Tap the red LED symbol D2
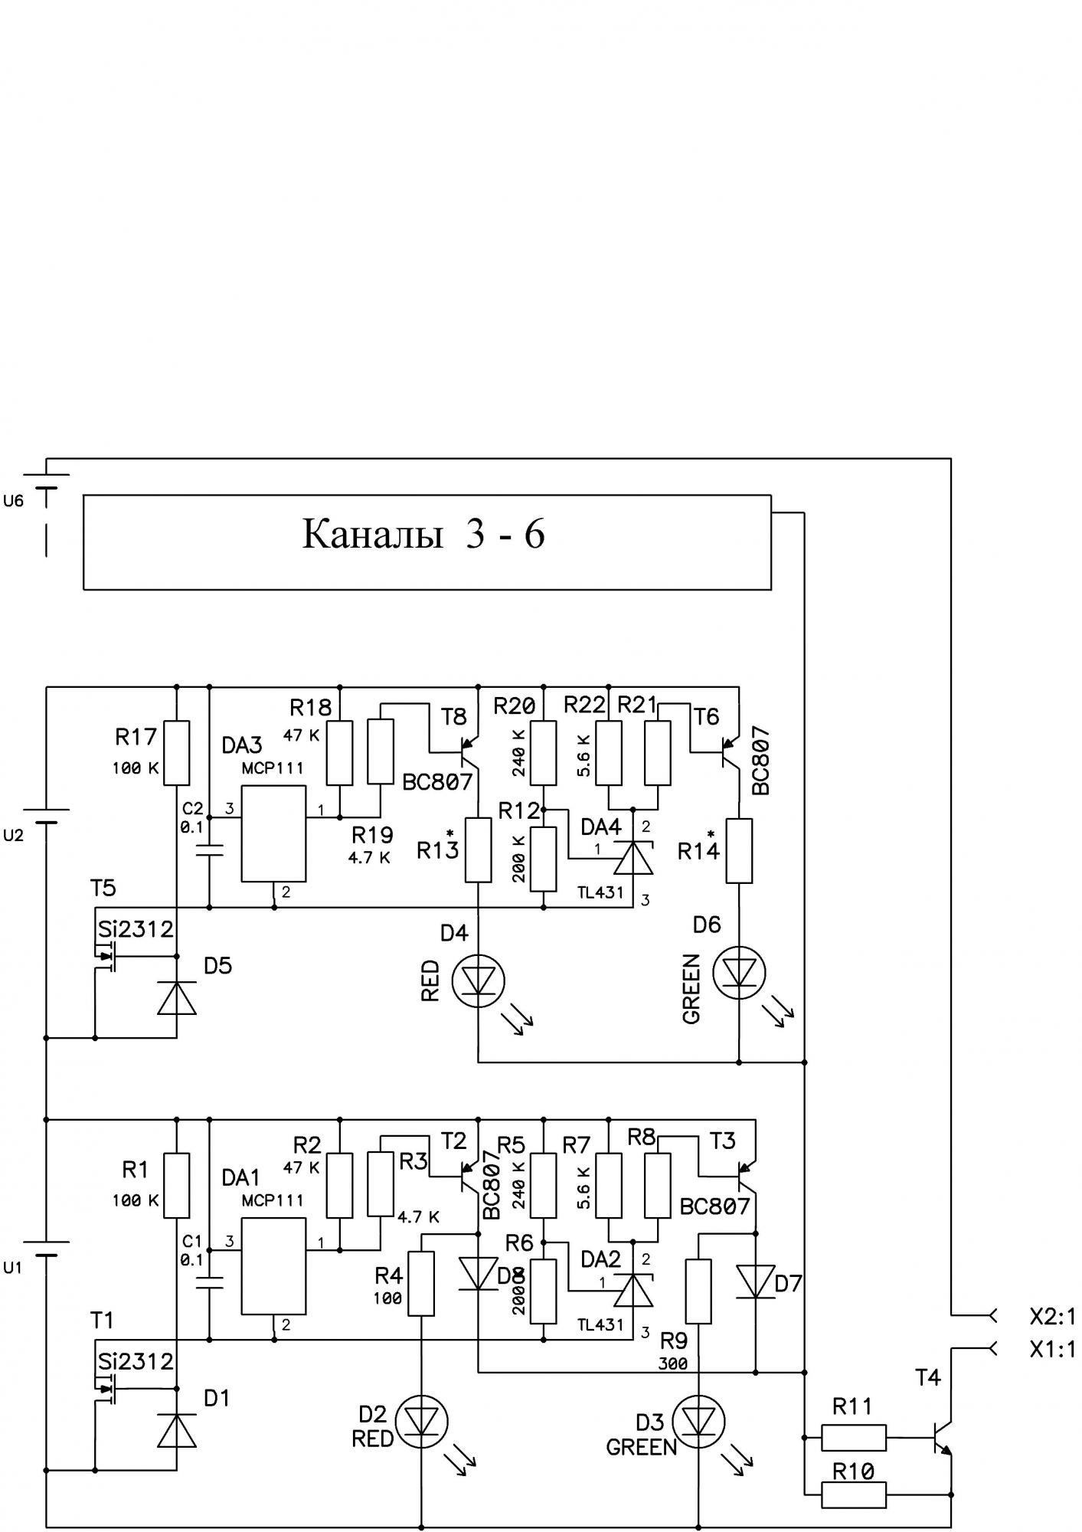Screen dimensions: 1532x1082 [422, 1422]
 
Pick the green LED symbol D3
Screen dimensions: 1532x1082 [699, 1422]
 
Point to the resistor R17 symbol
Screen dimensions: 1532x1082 [177, 752]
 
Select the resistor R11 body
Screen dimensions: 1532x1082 [854, 1438]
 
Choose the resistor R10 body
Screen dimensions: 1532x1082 [854, 1494]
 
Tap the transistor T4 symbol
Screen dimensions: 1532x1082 [942, 1436]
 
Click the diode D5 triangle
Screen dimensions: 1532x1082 [177, 999]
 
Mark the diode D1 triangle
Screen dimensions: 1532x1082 [177, 1431]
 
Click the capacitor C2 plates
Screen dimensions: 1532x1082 [209, 848]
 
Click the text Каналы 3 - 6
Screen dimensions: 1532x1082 [423, 534]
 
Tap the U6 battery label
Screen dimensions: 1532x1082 [14, 501]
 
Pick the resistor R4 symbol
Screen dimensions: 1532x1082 [422, 1283]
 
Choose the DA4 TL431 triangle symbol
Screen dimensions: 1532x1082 [635, 859]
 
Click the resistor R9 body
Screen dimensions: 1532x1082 [699, 1291]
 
